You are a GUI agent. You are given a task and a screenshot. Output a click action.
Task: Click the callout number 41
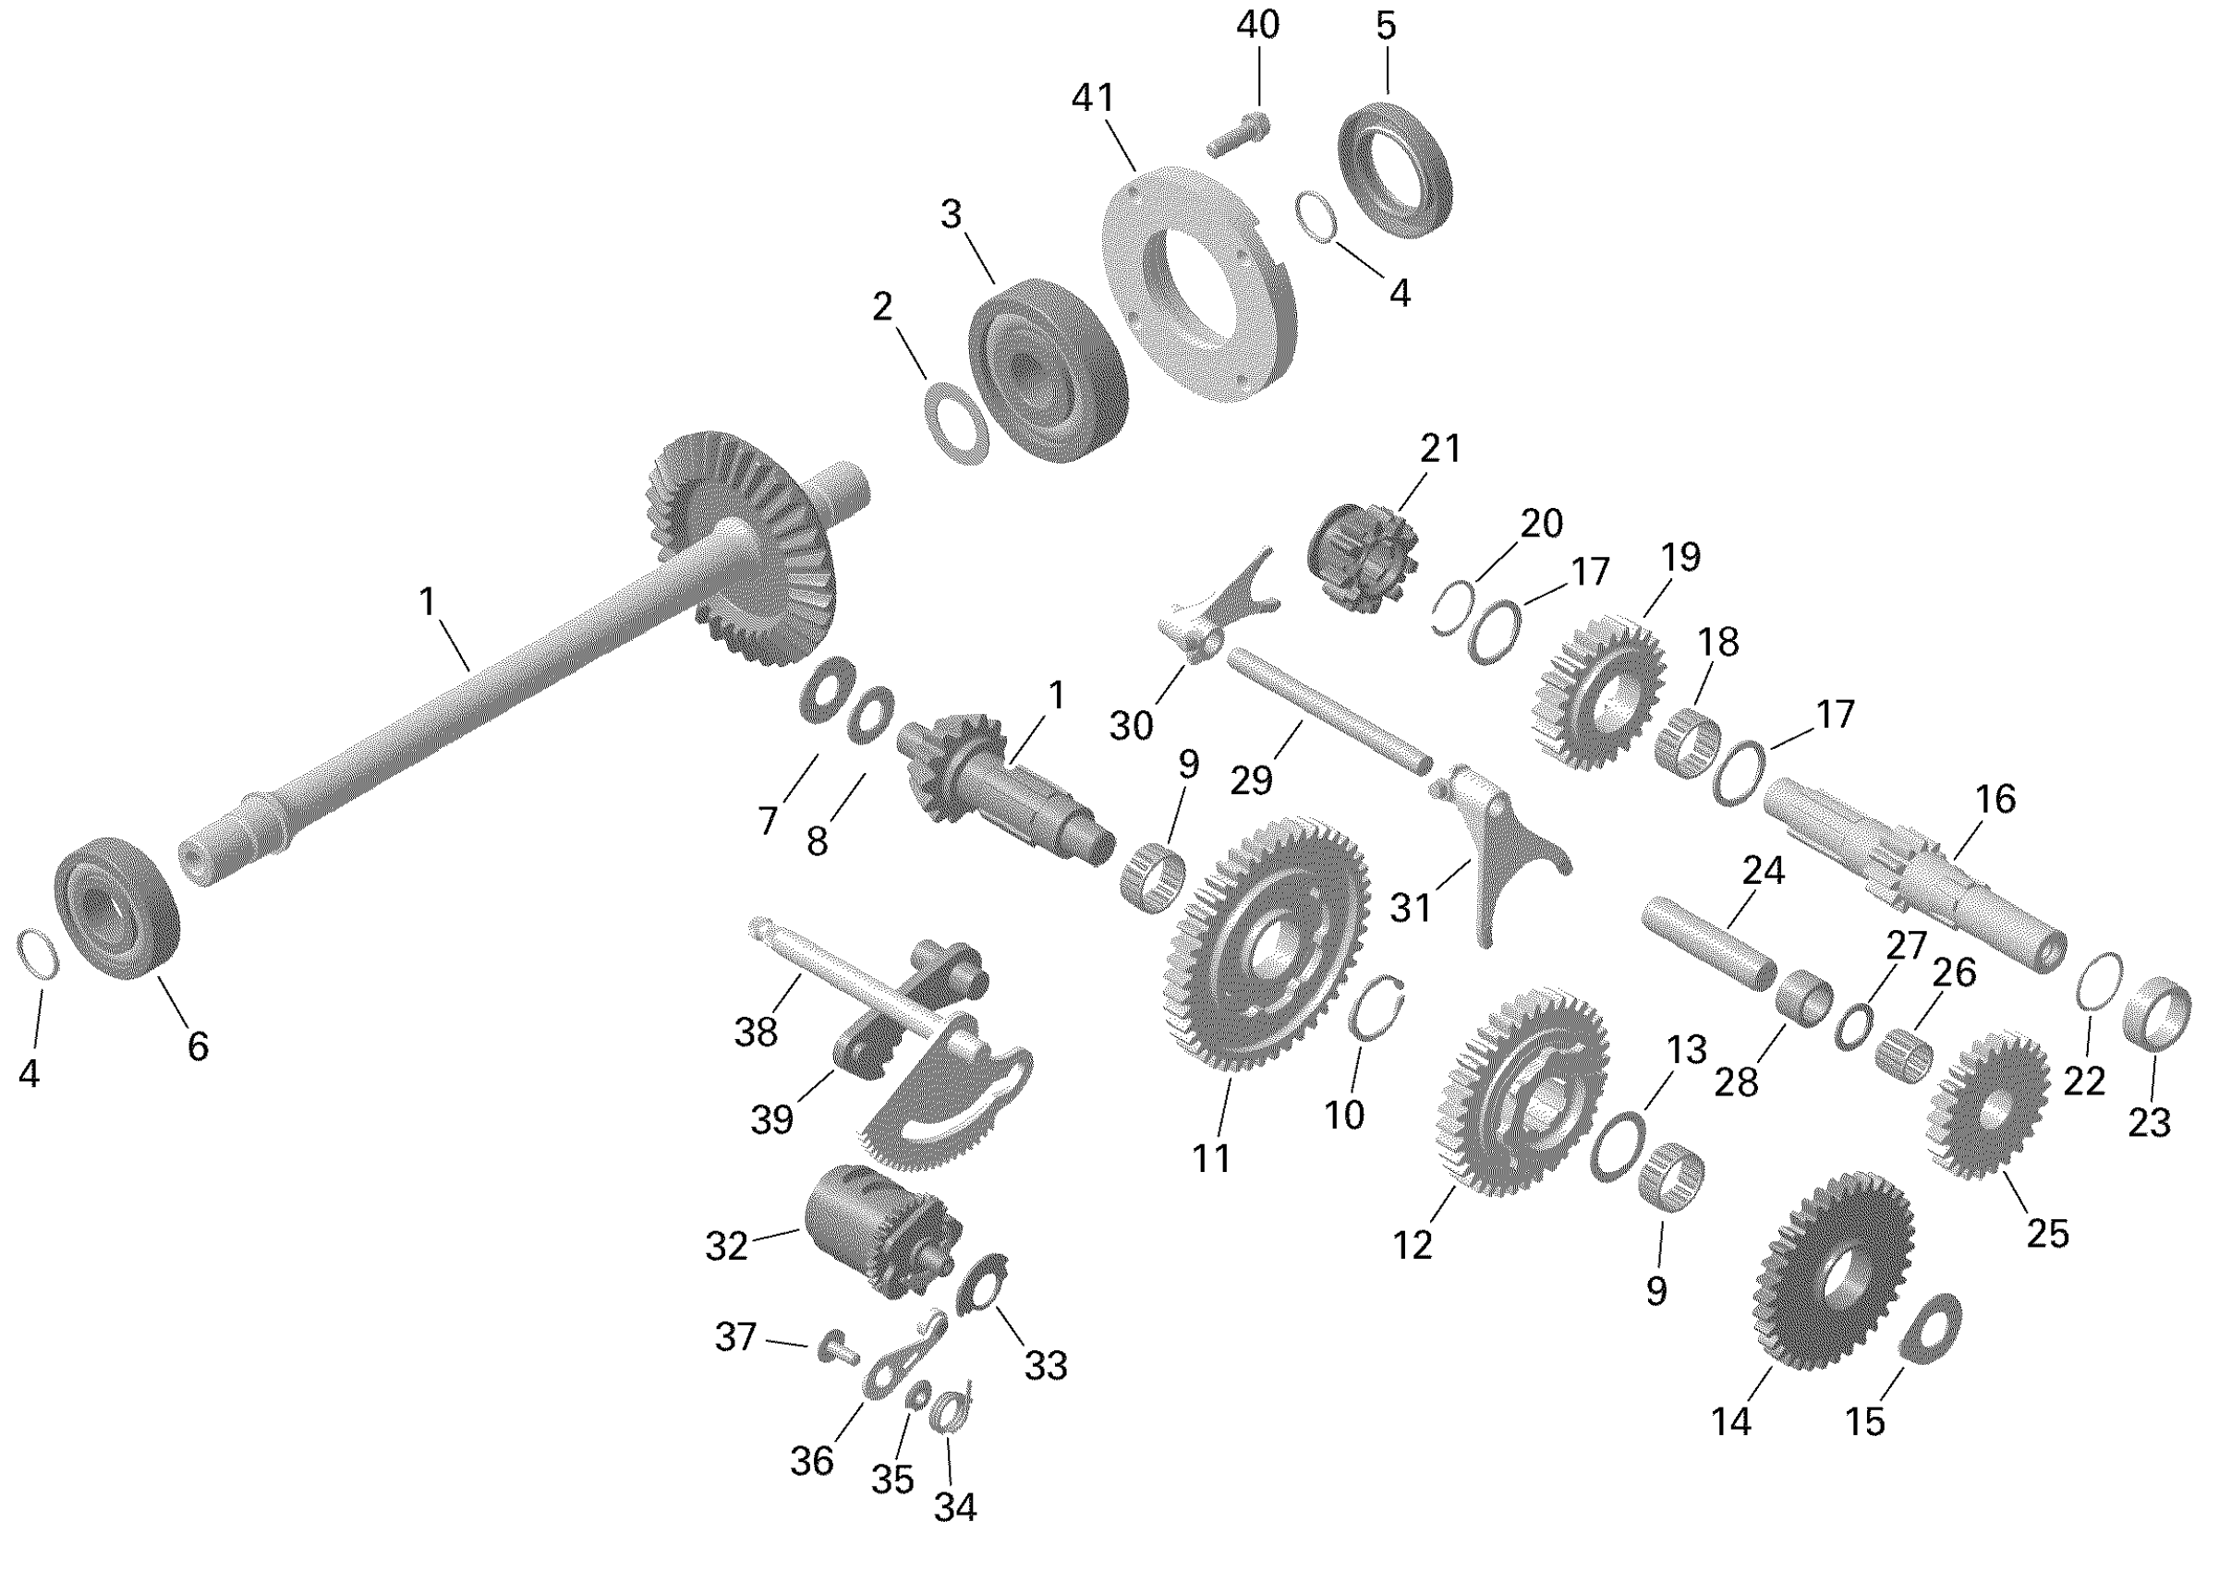pyautogui.click(x=1094, y=99)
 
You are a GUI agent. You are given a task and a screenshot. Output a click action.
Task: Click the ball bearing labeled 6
pyautogui.click(x=116, y=907)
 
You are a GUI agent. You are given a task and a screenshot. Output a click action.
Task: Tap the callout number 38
pyautogui.click(x=755, y=1032)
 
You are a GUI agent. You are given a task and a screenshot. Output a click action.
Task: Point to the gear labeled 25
pyautogui.click(x=1988, y=1105)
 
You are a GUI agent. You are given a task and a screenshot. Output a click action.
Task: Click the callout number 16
pyautogui.click(x=1995, y=800)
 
